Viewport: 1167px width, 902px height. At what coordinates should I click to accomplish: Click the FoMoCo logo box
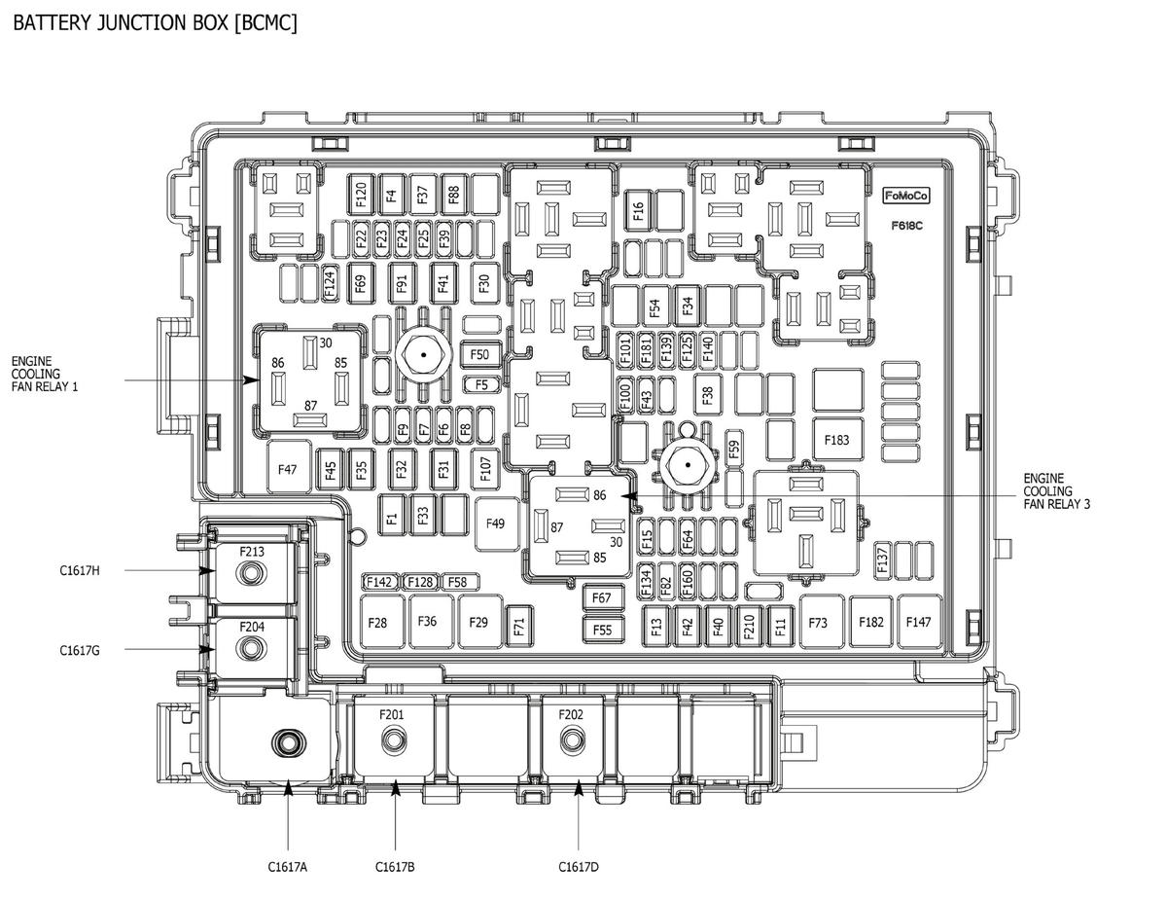tap(906, 196)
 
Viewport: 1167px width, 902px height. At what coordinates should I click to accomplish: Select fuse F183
tap(837, 440)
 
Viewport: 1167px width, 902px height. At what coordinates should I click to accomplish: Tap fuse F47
tap(289, 467)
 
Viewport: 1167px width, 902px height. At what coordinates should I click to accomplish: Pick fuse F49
tap(497, 523)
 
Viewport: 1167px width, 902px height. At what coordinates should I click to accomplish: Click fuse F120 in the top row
tap(361, 195)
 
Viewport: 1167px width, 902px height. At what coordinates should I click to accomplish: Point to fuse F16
tap(638, 210)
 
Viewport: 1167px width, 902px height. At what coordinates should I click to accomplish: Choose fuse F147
tap(919, 622)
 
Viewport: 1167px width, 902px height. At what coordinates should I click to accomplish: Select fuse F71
tap(519, 627)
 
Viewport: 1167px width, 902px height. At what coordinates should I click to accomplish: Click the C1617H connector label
tap(80, 570)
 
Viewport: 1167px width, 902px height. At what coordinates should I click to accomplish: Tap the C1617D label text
tap(579, 867)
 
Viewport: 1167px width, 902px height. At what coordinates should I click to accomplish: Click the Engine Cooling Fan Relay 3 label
tap(1056, 491)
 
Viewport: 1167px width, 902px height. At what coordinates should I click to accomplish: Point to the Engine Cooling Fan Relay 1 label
tap(45, 374)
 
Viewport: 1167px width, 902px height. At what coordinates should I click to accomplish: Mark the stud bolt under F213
tap(250, 573)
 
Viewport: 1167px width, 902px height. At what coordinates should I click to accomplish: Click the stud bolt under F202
tap(572, 740)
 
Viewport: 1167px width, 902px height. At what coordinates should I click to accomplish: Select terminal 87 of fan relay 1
tap(310, 420)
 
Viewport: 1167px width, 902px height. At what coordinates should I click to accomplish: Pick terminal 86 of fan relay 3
tap(572, 494)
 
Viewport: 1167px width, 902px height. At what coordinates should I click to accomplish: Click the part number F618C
tap(907, 226)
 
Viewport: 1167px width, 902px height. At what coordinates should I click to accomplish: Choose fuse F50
tap(480, 354)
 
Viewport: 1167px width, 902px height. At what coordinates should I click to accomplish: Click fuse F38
tap(707, 395)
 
